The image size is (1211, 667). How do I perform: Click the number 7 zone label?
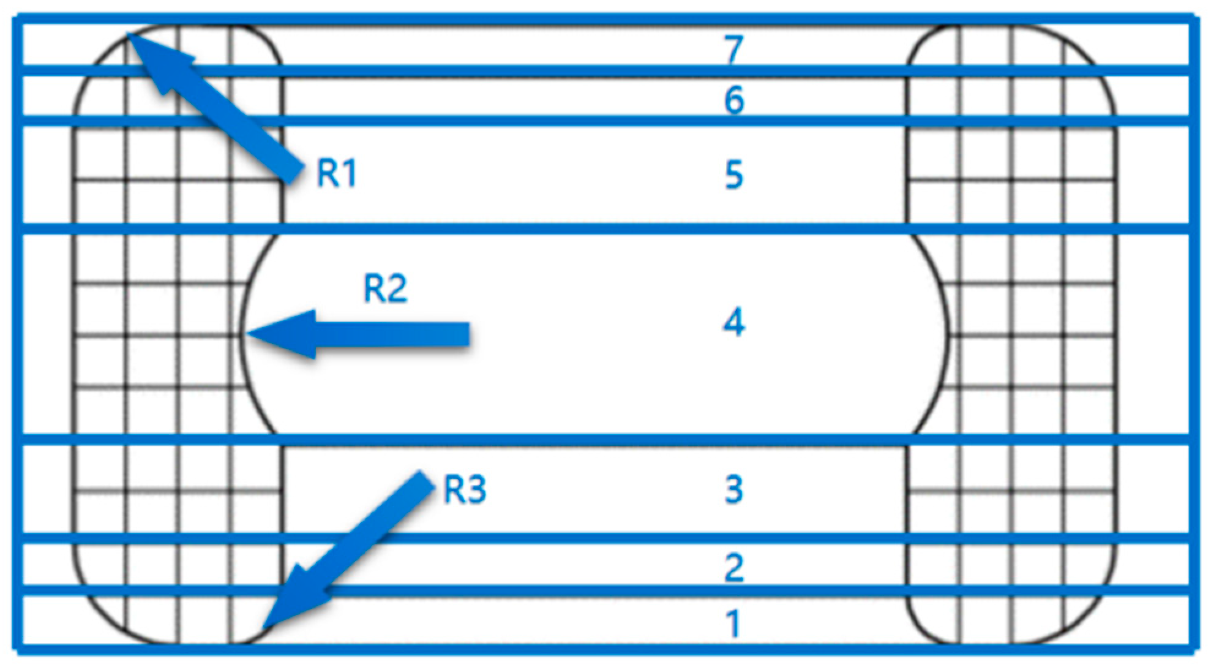[733, 49]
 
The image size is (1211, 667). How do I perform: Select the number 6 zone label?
[733, 100]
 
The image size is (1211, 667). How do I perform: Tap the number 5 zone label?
[733, 175]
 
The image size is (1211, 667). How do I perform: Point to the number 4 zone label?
[733, 322]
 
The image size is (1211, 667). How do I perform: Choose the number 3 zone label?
[733, 489]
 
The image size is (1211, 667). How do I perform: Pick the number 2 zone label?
[733, 568]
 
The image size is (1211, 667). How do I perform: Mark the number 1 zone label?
[733, 624]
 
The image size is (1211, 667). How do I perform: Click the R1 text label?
[336, 173]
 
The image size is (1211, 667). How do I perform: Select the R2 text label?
[385, 288]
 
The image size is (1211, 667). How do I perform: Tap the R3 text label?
[465, 490]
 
